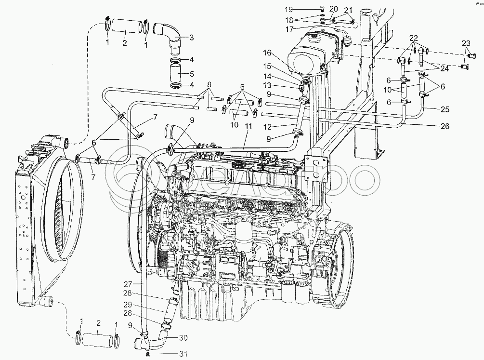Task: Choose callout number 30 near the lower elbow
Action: tap(183, 337)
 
